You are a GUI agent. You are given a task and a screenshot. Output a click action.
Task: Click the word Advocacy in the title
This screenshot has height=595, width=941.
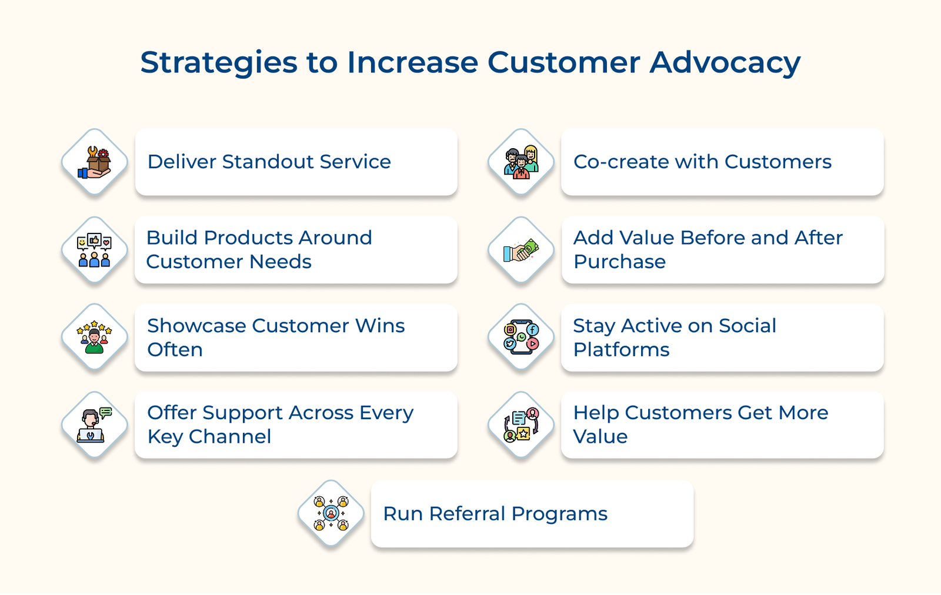tap(725, 63)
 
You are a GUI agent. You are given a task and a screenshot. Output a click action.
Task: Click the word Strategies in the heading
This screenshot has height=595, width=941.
tap(219, 63)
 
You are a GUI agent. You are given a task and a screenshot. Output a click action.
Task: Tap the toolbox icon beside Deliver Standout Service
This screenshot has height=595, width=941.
tap(95, 162)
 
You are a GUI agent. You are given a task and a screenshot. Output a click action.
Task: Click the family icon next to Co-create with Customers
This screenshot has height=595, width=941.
tap(521, 162)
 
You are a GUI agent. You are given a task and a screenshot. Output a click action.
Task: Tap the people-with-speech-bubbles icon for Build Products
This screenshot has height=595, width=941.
tap(95, 250)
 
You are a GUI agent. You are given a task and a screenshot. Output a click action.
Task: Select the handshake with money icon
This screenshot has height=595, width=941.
tap(521, 250)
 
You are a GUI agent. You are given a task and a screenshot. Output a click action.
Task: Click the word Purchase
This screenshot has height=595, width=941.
tap(619, 262)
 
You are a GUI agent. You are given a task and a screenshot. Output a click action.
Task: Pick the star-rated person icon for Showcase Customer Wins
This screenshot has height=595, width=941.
tap(95, 337)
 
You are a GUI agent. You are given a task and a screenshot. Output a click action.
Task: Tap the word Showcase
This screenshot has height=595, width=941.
tap(196, 326)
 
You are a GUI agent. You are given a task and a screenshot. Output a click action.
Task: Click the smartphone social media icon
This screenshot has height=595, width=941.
tap(521, 337)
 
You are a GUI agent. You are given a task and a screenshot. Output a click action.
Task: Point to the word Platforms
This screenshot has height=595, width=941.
tap(621, 350)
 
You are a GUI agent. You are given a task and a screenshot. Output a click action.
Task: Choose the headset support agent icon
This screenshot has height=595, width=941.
tap(95, 424)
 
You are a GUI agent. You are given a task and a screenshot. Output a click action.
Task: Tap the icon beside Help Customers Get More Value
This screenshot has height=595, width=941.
tap(521, 424)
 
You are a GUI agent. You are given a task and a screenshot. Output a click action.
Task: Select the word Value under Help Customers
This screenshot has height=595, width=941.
tap(600, 437)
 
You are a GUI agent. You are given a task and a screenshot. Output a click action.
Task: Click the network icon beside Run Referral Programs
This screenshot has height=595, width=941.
tap(331, 513)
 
